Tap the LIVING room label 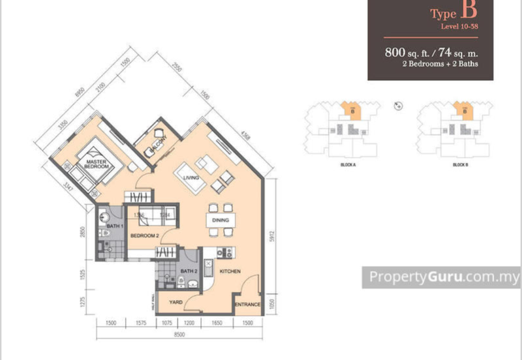tap(191, 177)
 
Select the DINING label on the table tap(220, 221)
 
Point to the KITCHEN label tap(231, 270)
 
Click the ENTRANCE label tap(248, 305)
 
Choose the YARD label tap(176, 303)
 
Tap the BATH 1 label tap(114, 226)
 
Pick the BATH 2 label tap(189, 271)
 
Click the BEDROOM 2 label tap(145, 235)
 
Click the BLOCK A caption tap(348, 165)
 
